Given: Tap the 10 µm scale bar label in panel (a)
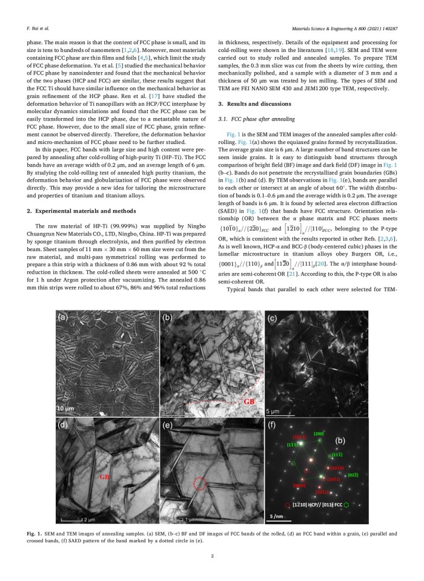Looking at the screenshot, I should click(67, 409).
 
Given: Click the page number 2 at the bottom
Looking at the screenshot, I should click(212, 556).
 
